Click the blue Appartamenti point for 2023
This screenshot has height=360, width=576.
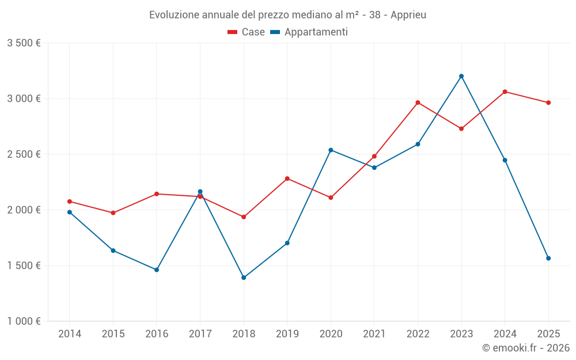(x=461, y=76)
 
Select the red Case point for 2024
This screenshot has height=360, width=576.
(x=505, y=92)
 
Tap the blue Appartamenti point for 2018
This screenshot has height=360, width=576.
(x=244, y=278)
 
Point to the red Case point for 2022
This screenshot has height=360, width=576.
(x=418, y=103)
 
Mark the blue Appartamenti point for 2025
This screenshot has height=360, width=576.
(x=548, y=258)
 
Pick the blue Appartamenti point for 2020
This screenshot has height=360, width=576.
(x=331, y=150)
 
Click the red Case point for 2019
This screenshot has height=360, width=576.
(x=287, y=179)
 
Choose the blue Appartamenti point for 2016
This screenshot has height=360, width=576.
(x=157, y=270)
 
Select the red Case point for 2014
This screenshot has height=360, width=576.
(x=70, y=202)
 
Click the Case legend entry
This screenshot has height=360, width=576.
(x=247, y=32)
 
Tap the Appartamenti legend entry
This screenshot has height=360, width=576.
(x=309, y=32)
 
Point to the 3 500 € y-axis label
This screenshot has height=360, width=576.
(x=24, y=43)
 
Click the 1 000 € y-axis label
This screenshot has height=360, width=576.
(x=24, y=321)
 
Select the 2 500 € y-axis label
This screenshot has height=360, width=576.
(x=24, y=154)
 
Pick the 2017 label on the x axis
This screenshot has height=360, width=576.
(x=200, y=334)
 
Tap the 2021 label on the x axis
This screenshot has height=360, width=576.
(x=374, y=334)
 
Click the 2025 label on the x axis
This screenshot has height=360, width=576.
(x=548, y=334)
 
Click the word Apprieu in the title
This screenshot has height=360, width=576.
(x=408, y=15)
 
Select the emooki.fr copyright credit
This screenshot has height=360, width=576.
(x=526, y=348)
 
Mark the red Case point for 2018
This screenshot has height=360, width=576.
(x=244, y=217)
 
